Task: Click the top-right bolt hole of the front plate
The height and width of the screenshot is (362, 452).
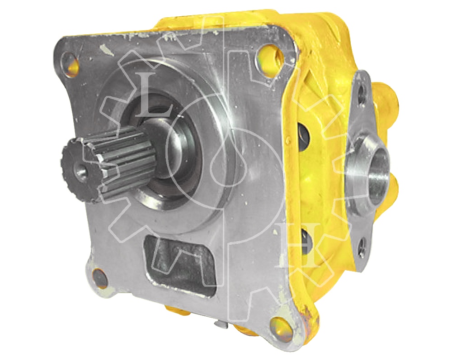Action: [x=268, y=54]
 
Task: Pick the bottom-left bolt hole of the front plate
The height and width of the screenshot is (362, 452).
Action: [x=99, y=277]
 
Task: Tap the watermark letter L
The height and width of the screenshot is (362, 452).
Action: [x=155, y=95]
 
